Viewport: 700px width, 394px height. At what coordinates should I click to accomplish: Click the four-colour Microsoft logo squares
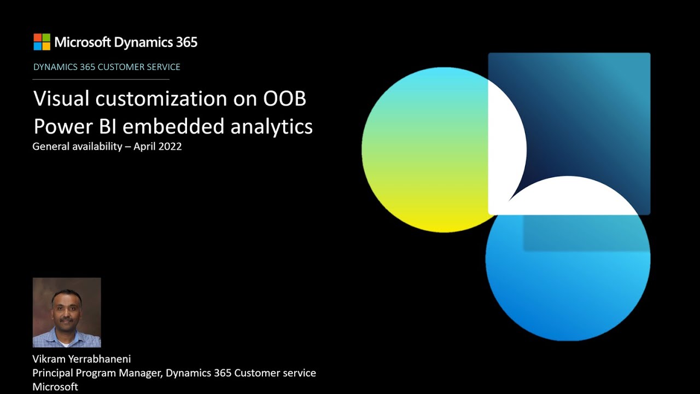[x=42, y=42]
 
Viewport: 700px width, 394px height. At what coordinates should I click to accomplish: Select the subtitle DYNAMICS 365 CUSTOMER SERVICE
[x=107, y=67]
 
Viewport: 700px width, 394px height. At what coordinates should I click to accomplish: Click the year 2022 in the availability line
[x=171, y=147]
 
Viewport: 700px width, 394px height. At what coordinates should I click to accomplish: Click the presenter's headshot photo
[x=67, y=312]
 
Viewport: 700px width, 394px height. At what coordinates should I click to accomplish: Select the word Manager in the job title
[x=143, y=373]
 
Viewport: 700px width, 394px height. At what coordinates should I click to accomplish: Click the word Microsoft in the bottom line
[x=55, y=387]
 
